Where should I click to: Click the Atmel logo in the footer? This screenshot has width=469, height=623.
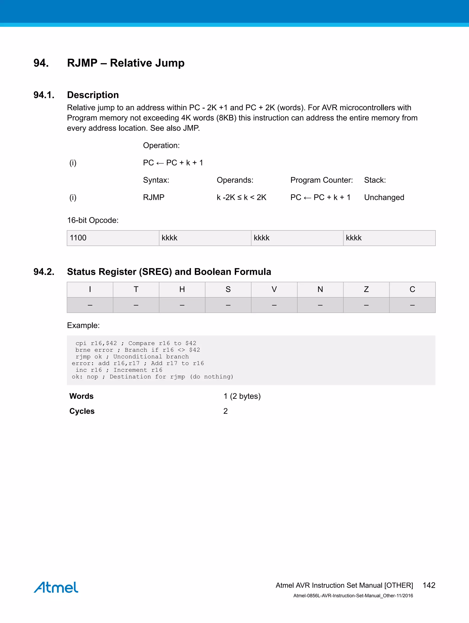[56, 587]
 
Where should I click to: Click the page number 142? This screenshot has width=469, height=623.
[429, 585]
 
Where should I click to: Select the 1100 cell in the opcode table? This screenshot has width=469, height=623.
[78, 238]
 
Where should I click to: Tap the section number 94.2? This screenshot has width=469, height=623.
[44, 272]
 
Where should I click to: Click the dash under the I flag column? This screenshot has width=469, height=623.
[90, 305]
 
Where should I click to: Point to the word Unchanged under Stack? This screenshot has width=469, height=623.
[384, 197]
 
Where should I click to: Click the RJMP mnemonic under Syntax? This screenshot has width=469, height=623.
[153, 197]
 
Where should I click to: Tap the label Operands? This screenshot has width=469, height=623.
[235, 180]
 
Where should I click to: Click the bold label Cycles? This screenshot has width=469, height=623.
[82, 411]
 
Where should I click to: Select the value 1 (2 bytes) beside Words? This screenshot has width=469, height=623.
[242, 396]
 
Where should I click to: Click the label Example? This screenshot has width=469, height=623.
[83, 326]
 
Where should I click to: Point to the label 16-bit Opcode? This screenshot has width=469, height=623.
[93, 220]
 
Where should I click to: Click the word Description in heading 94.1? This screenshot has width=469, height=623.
[93, 95]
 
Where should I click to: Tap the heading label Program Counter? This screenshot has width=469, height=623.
[321, 180]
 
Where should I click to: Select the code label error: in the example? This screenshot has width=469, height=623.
[82, 364]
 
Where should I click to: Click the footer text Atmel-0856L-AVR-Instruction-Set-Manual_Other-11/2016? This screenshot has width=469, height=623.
[353, 596]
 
